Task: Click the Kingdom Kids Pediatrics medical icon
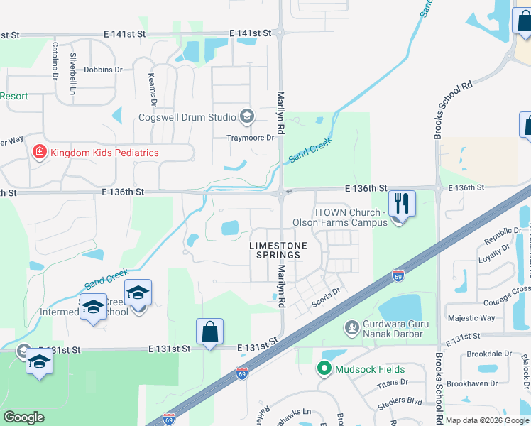pyautogui.click(x=39, y=153)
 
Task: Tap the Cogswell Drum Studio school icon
pyautogui.click(x=247, y=116)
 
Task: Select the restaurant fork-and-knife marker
pyautogui.click(x=402, y=204)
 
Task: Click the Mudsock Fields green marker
pyautogui.click(x=324, y=369)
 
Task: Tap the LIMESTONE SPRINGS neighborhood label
pyautogui.click(x=279, y=250)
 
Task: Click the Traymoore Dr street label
pyautogui.click(x=250, y=138)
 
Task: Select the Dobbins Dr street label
pyautogui.click(x=103, y=70)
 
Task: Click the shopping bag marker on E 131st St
pyautogui.click(x=210, y=332)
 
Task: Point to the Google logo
pyautogui.click(x=23, y=417)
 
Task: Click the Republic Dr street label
pyautogui.click(x=503, y=236)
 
